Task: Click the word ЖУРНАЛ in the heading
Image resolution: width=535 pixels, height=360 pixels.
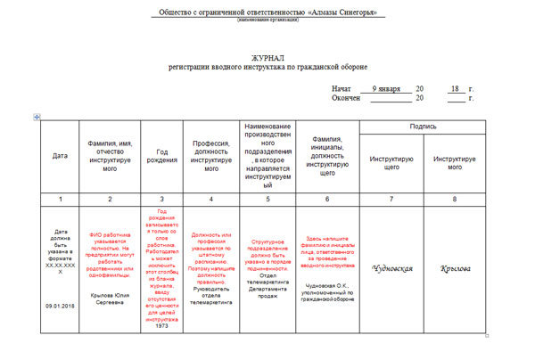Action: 268,57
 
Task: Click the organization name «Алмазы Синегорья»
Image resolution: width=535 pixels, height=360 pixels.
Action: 342,12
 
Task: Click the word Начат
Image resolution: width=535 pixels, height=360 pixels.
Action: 342,89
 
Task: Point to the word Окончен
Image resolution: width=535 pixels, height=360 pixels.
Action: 346,98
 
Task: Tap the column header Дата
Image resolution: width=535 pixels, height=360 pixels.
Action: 59,156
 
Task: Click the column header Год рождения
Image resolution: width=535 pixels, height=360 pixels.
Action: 161,156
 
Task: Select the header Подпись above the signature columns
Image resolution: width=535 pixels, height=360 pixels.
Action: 423,127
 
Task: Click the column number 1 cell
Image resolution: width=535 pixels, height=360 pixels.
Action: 59,198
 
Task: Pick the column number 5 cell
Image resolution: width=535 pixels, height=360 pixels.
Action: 267,198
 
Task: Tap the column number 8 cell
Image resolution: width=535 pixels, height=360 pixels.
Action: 455,198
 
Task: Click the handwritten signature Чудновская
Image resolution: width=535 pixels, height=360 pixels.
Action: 391,267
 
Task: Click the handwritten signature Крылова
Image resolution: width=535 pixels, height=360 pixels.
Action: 455,268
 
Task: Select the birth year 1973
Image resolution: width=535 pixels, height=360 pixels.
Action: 161,300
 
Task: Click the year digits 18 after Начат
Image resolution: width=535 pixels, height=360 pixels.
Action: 455,88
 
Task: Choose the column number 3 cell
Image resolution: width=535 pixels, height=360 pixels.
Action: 161,198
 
